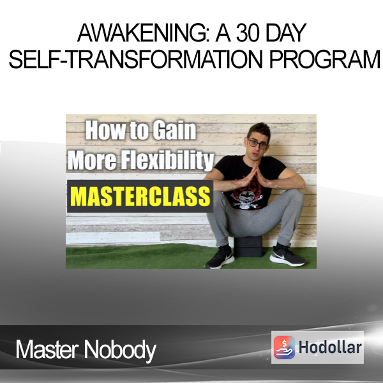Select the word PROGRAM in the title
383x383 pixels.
[x=325, y=59]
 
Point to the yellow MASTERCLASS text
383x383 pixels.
[x=141, y=197]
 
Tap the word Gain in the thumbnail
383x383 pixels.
[x=175, y=130]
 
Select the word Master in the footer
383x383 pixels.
[x=47, y=350]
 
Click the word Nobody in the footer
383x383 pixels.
[x=120, y=350]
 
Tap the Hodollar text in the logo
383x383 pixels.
[x=330, y=347]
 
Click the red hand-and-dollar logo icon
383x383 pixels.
[x=284, y=347]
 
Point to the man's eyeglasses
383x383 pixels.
[x=257, y=144]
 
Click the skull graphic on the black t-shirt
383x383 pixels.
[x=246, y=200]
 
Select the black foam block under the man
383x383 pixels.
[x=248, y=246]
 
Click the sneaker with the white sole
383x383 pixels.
[x=287, y=255]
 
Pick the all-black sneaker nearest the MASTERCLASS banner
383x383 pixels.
[x=220, y=257]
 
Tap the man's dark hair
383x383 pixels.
[x=259, y=130]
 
